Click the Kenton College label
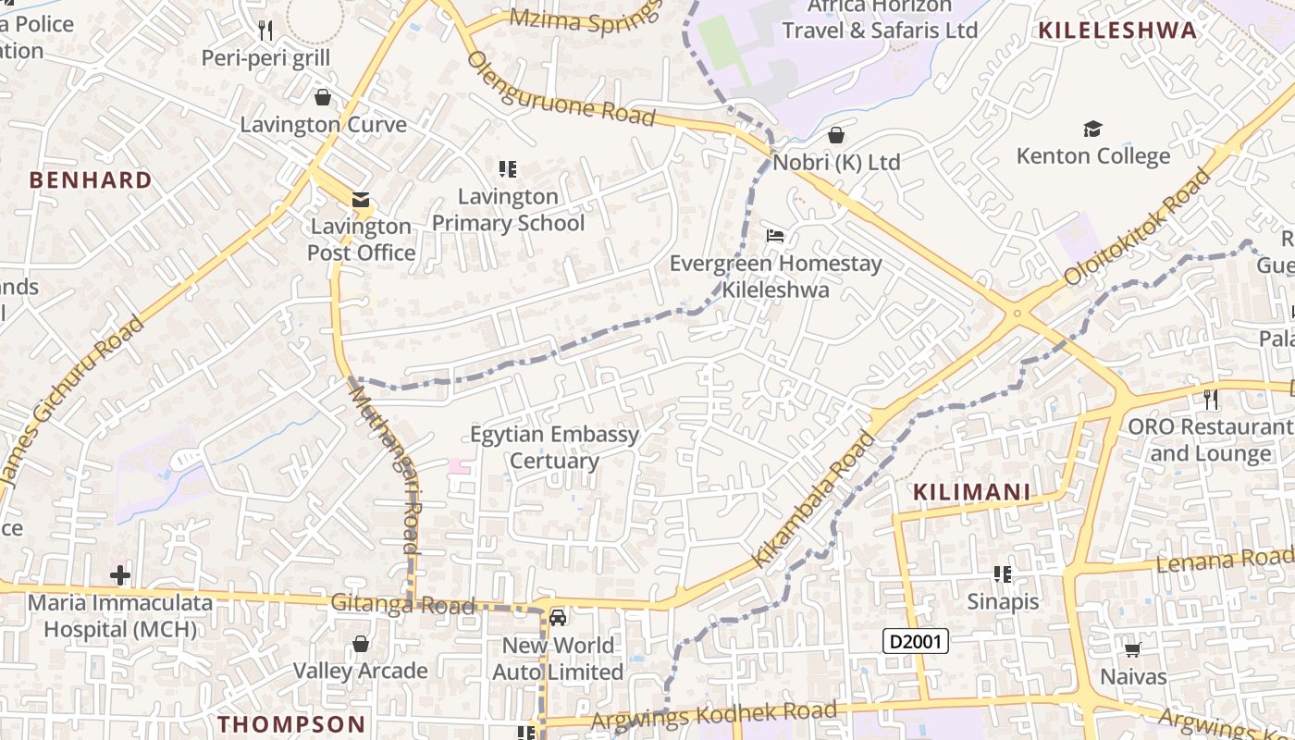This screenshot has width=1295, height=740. pos(1092,155)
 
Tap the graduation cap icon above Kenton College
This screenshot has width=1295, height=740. pos(1092,129)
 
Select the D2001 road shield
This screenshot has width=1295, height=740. pos(916,641)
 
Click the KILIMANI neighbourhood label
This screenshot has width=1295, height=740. pos(971,492)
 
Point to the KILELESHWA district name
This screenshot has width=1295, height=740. pos(1117,31)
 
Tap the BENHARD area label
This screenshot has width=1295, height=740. pos(91,179)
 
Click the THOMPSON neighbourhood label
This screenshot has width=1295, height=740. pos(292,723)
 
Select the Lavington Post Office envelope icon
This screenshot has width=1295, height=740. pos(360,199)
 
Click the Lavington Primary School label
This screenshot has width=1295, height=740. pos(508,210)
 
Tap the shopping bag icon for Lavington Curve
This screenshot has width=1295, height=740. pos(323,97)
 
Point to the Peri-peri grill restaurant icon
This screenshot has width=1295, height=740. pos(265,31)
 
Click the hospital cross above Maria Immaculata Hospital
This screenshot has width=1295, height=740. pos(119,576)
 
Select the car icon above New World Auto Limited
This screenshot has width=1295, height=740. pos(558,618)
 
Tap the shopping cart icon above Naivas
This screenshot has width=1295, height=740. pos(1133,649)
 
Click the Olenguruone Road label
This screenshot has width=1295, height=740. pos(561,89)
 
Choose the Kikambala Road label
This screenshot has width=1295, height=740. pos(813,500)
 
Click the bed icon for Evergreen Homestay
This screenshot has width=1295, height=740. pos(775,236)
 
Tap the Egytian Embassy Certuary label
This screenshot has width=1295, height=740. pos(554,448)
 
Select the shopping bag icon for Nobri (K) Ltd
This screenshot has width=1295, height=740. pos(836,135)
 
